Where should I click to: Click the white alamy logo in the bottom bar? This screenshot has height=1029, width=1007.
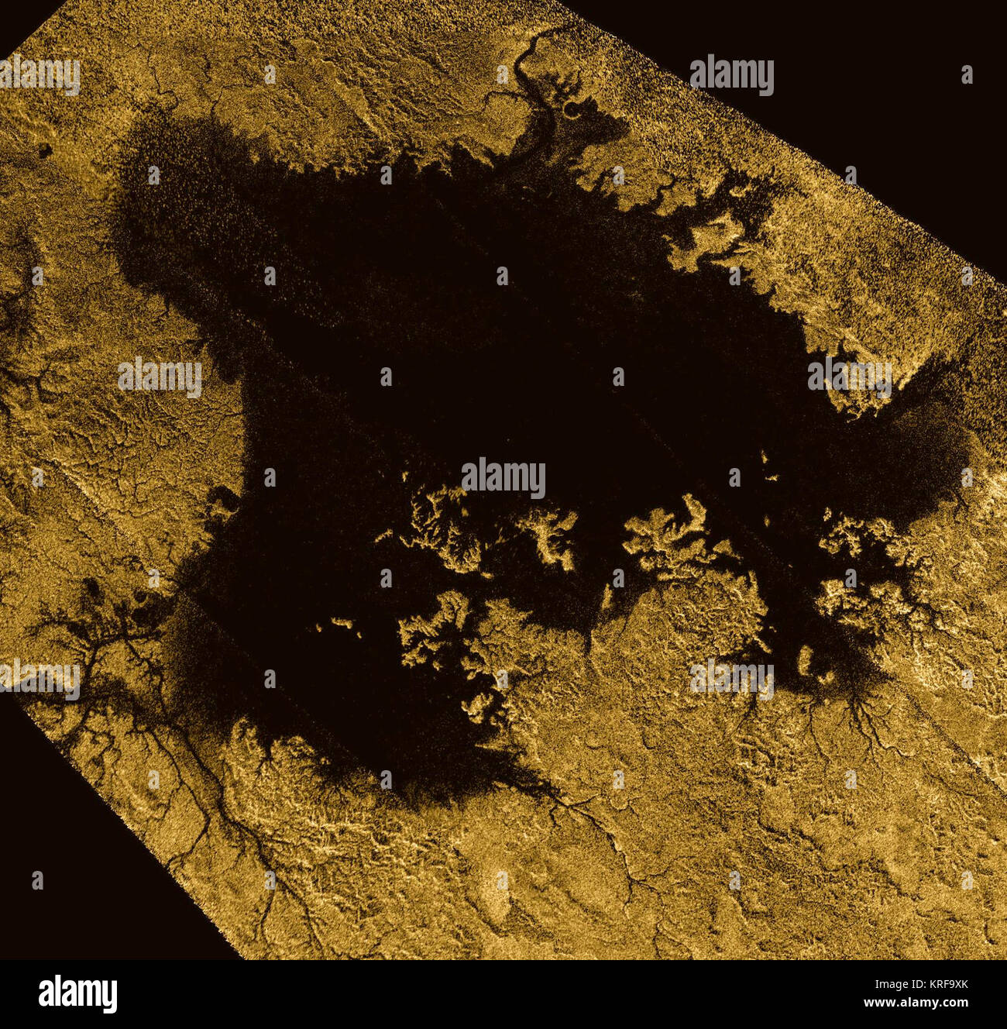(78, 993)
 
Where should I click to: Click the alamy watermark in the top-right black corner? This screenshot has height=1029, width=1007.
(731, 74)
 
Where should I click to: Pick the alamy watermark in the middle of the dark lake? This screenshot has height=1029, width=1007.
(503, 478)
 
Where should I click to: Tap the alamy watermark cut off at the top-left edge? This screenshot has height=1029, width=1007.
(39, 75)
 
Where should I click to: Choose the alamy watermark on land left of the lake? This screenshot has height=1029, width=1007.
(160, 377)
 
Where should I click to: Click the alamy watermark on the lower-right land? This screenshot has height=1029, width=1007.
(731, 680)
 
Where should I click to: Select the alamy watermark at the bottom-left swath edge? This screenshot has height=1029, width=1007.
(39, 679)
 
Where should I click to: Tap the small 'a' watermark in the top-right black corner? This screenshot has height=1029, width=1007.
(967, 74)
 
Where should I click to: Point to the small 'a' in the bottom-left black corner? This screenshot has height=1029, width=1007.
(37, 879)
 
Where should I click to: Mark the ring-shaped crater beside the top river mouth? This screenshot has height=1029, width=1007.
(573, 110)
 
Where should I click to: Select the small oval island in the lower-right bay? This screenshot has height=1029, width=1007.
(806, 661)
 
